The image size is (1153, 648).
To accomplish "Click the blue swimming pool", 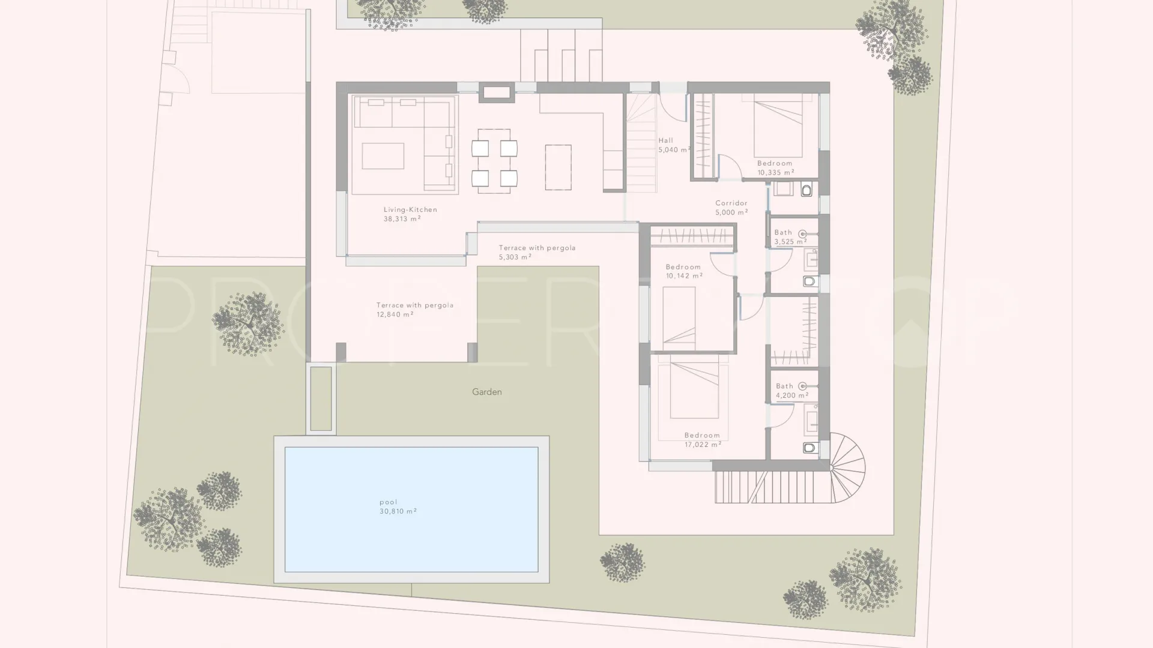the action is click(411, 509).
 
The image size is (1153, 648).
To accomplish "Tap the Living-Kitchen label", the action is click(410, 209).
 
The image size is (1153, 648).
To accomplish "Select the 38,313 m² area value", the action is click(402, 219).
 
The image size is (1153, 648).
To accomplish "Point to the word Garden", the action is click(486, 392).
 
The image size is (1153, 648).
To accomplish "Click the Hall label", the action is click(665, 140).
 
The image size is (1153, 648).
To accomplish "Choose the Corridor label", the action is click(731, 203).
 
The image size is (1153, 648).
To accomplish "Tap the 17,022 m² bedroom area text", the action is click(703, 445).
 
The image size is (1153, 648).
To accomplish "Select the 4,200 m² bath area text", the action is click(792, 395).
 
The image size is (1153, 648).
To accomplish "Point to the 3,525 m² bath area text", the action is click(790, 242).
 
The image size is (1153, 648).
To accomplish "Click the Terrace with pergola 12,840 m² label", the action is click(415, 310).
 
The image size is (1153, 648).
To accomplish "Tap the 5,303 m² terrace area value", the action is click(515, 257).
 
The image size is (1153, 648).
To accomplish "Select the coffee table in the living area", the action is click(383, 156).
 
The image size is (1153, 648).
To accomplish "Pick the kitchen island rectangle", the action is click(558, 167).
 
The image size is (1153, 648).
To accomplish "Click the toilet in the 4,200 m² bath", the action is click(810, 447).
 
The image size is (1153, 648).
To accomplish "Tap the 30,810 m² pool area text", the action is click(398, 511).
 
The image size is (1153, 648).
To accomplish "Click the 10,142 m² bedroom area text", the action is click(684, 276).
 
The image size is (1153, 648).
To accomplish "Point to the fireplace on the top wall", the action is click(497, 92).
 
